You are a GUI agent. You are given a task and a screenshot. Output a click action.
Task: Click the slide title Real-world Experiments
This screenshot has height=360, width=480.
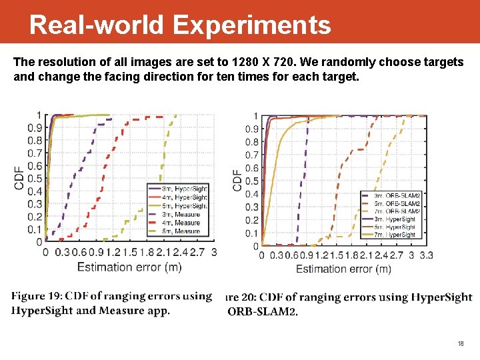tap(180, 25)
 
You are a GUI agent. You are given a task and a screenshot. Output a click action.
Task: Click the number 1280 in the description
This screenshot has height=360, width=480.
tap(247, 62)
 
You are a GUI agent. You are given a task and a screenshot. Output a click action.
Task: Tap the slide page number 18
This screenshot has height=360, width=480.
tap(460, 344)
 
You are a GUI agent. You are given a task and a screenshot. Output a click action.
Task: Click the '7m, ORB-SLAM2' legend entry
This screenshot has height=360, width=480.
tap(398, 211)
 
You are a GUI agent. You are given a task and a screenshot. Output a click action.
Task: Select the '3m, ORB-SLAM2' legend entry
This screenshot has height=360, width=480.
tap(398, 195)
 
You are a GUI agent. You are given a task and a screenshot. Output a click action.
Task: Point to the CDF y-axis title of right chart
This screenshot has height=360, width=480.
tap(237, 179)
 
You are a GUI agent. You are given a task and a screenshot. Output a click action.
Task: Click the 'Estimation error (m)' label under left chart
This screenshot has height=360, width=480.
tap(129, 267)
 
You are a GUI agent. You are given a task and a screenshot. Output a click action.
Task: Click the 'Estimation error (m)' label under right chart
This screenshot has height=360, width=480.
tap(343, 269)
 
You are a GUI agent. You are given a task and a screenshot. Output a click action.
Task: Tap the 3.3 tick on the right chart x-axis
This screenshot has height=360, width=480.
tap(426, 255)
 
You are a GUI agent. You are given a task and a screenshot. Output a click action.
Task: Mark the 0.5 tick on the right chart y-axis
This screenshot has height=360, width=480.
tap(252, 181)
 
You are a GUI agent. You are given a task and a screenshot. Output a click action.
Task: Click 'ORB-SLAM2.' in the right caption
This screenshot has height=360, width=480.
tap(263, 311)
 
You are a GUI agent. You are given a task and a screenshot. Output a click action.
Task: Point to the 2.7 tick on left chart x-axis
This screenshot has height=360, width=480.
tap(197, 253)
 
